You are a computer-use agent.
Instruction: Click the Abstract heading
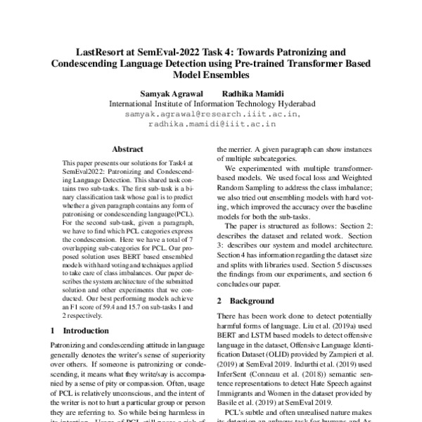click(127, 149)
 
